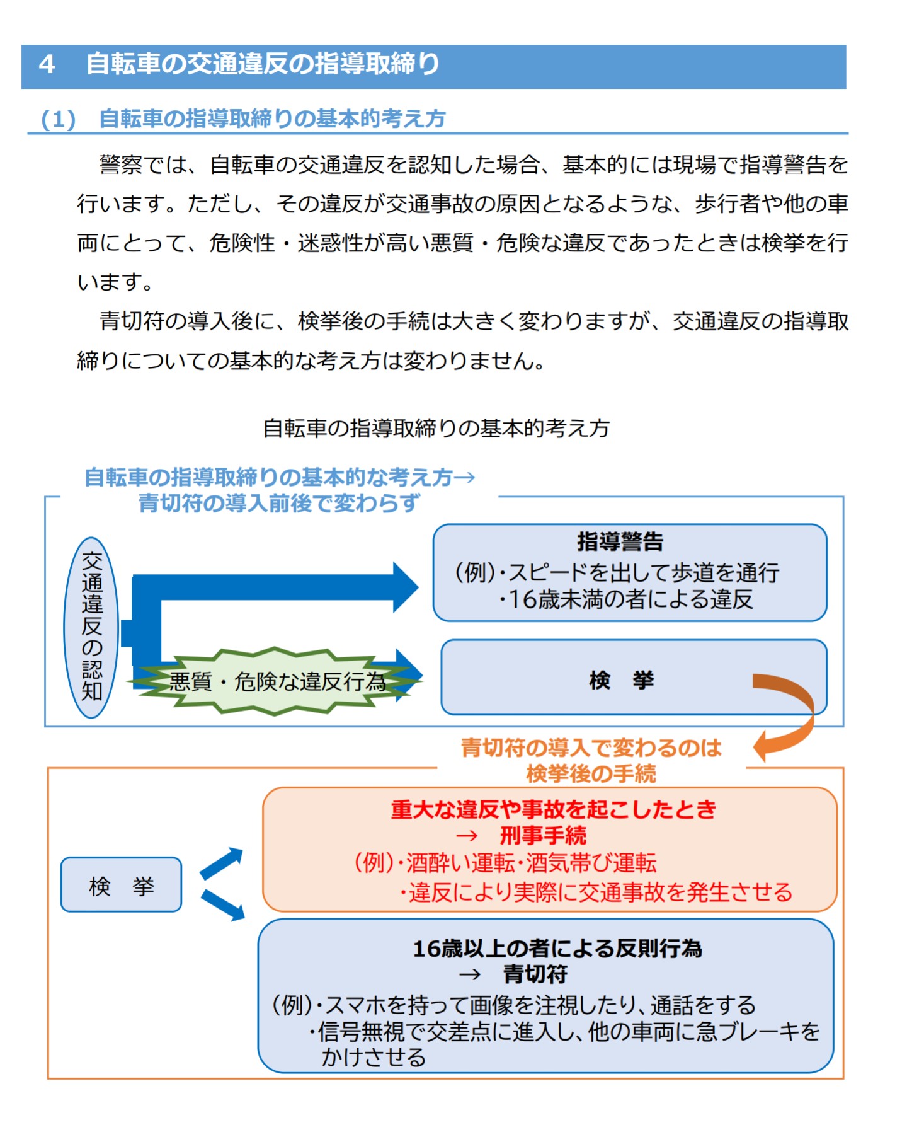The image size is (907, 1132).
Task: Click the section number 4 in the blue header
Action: point(47,65)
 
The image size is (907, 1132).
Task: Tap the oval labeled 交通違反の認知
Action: point(92,627)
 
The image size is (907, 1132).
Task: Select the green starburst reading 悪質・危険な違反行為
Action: point(276,681)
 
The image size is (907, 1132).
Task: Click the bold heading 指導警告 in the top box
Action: point(620,541)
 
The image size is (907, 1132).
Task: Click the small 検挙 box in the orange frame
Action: point(121,885)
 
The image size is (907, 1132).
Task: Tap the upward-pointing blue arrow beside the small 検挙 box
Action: point(222,863)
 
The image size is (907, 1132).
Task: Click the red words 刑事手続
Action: point(543,836)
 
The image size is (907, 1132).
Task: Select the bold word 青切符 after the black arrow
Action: point(535,974)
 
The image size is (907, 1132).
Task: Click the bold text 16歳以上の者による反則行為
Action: point(557,948)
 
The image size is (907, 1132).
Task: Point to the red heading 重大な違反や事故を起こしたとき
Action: point(553,809)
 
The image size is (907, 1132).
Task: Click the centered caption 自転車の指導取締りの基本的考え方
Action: point(436,429)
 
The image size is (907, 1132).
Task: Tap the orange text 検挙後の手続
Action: point(591,773)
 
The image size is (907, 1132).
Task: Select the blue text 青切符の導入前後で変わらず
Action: point(279,503)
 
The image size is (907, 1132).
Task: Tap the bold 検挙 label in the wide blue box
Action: point(622,680)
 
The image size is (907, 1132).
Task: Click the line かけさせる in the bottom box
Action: point(374,1057)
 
